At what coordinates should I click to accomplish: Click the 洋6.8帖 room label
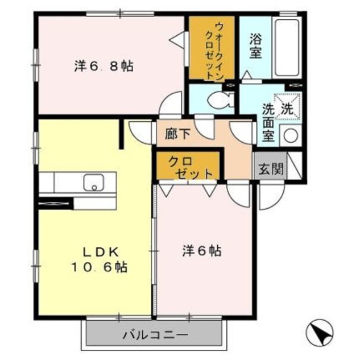coord(104,66)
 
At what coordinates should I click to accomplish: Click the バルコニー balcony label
coord(153,335)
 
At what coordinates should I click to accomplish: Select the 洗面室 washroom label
coord(268,123)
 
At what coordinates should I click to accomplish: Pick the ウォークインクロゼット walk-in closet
coord(214,49)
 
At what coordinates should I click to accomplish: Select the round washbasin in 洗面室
coord(291,136)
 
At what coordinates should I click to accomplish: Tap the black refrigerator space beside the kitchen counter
coord(55,201)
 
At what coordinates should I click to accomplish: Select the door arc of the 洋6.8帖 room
coord(169,106)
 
